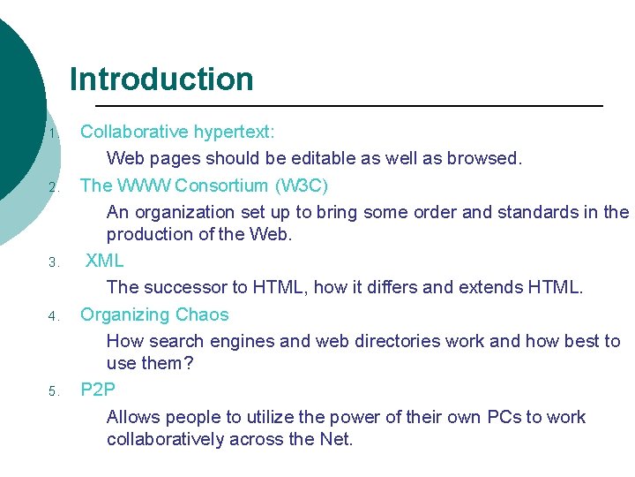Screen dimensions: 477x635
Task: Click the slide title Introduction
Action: click(161, 79)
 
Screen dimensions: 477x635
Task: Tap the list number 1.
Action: click(54, 134)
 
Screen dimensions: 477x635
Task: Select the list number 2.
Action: click(54, 187)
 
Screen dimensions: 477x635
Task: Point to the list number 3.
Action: click(54, 262)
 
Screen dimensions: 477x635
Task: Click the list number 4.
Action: click(54, 316)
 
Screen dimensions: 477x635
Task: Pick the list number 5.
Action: click(54, 391)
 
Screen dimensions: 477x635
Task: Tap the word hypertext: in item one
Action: click(234, 132)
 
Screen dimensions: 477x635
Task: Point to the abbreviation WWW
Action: click(144, 185)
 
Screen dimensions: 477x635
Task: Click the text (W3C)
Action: click(302, 185)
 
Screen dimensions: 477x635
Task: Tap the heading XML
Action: click(104, 261)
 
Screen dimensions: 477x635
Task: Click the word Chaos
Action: click(202, 314)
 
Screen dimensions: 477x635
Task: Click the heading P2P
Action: click(98, 390)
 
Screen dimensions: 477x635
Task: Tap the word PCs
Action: click(504, 417)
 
